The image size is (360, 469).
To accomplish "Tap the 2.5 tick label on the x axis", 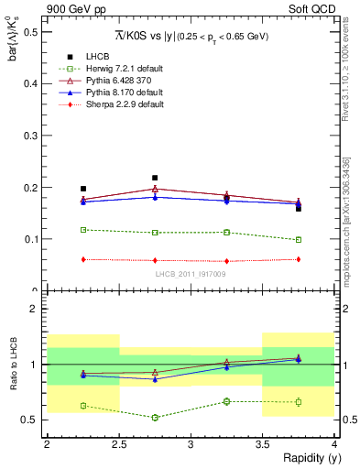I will coord(119,444).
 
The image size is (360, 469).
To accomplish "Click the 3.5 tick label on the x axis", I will coord(263,444).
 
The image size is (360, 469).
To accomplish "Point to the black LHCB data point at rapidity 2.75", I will coord(155,178).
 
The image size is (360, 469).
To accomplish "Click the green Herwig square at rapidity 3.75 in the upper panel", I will coord(299,240).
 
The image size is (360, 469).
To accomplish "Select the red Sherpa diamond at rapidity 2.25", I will coord(83,259).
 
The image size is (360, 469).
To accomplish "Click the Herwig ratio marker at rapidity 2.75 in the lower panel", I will coord(155,418).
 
